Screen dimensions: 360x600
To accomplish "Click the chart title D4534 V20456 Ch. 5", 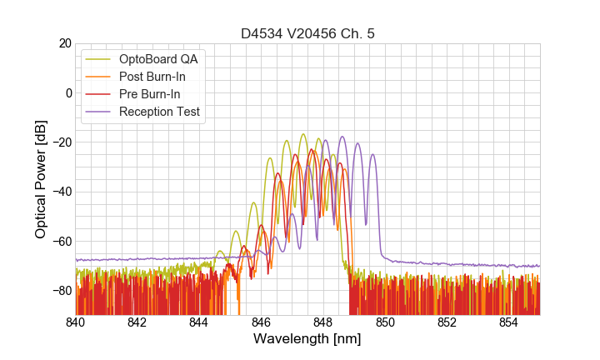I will [x=307, y=33].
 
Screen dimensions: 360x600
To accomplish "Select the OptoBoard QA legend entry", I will [x=161, y=59].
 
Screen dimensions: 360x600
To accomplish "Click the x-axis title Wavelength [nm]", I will [x=307, y=339].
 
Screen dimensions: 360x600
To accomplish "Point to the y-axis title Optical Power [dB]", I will [x=41, y=179].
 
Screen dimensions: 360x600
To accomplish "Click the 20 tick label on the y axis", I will [x=63, y=43].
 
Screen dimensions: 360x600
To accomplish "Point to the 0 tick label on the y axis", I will [x=67, y=92].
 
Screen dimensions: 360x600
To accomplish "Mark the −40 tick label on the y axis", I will [x=61, y=192].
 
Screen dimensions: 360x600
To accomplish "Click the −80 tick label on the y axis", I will [x=61, y=291].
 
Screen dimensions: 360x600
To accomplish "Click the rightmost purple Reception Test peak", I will [x=372, y=155].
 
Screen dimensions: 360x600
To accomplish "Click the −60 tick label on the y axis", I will [x=61, y=242].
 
